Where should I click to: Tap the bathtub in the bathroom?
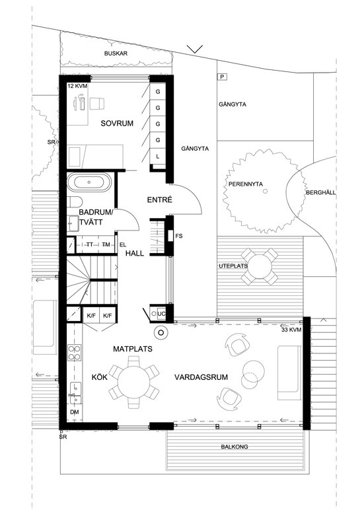pos(89,182)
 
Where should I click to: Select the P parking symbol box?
pos(222,77)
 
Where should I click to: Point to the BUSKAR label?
pos(116,54)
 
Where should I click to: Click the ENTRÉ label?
pos(159,200)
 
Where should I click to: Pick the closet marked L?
pos(158,157)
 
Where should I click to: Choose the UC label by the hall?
pos(161,314)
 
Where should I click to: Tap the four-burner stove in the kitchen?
pos(75,353)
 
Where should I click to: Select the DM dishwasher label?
pos(75,412)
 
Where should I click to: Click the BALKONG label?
pos(234,447)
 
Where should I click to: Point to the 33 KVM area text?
pos(291,330)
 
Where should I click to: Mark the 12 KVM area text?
pos(77,86)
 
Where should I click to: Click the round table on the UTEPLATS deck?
pos(259,266)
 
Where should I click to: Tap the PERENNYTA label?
pos(246,184)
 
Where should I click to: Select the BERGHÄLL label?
pos(320,192)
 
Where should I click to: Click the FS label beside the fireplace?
pos(179,236)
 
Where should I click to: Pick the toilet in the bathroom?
pos(75,202)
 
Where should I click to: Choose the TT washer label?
pos(89,245)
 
